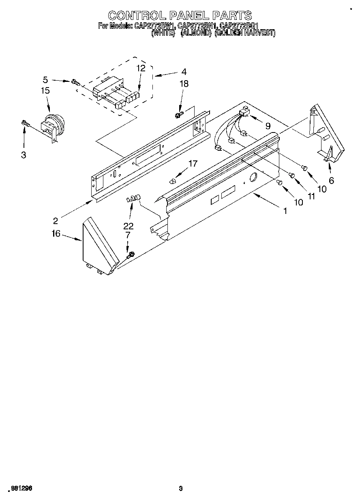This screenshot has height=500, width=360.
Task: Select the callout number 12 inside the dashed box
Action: click(140, 68)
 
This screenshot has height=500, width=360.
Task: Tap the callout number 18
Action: click(184, 84)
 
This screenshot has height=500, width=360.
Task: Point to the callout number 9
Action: click(268, 126)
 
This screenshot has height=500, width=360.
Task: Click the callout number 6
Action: click(331, 181)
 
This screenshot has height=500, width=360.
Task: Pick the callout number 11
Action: click(311, 196)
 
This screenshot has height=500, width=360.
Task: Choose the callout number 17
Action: click(193, 163)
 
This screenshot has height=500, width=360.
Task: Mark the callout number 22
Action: click(129, 226)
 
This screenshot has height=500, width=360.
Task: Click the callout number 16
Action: click(56, 233)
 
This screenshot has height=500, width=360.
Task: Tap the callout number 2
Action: click(55, 221)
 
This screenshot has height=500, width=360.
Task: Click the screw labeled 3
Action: click(24, 122)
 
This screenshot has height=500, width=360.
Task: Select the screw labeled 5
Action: click(75, 82)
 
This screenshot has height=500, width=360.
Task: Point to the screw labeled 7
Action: click(130, 256)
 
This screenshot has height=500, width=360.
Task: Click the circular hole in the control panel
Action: click(253, 177)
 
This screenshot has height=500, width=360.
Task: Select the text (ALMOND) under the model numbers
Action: click(196, 34)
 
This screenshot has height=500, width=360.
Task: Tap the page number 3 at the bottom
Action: click(181, 488)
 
